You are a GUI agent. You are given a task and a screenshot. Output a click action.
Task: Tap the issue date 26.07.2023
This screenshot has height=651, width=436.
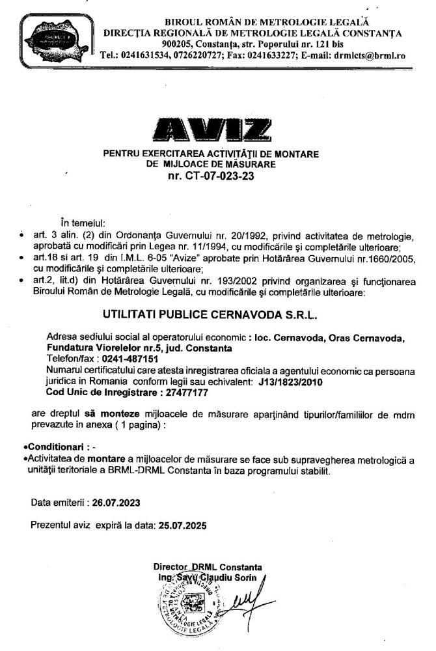(111, 503)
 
